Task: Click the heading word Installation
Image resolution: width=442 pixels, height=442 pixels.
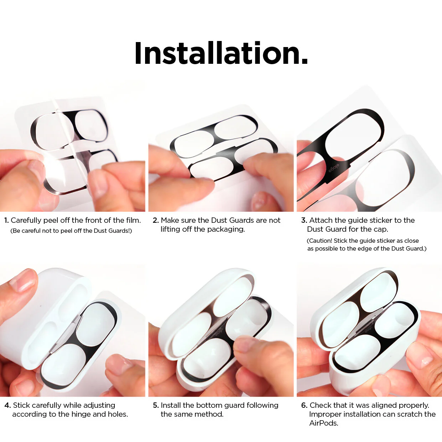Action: click(x=221, y=53)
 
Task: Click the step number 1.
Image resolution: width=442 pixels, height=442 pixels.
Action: click(x=6, y=220)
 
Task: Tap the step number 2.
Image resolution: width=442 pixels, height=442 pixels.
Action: click(x=155, y=220)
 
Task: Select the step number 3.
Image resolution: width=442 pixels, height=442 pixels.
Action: click(x=304, y=220)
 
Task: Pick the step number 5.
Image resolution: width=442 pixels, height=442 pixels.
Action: click(x=155, y=405)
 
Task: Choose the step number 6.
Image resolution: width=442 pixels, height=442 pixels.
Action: click(x=304, y=405)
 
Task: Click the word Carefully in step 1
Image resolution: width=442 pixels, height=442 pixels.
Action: click(x=26, y=220)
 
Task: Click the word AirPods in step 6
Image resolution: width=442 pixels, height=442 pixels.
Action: click(x=323, y=423)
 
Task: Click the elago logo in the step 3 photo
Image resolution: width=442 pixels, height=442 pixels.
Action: click(x=334, y=168)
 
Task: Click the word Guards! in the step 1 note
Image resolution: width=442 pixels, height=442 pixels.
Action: click(x=120, y=231)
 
